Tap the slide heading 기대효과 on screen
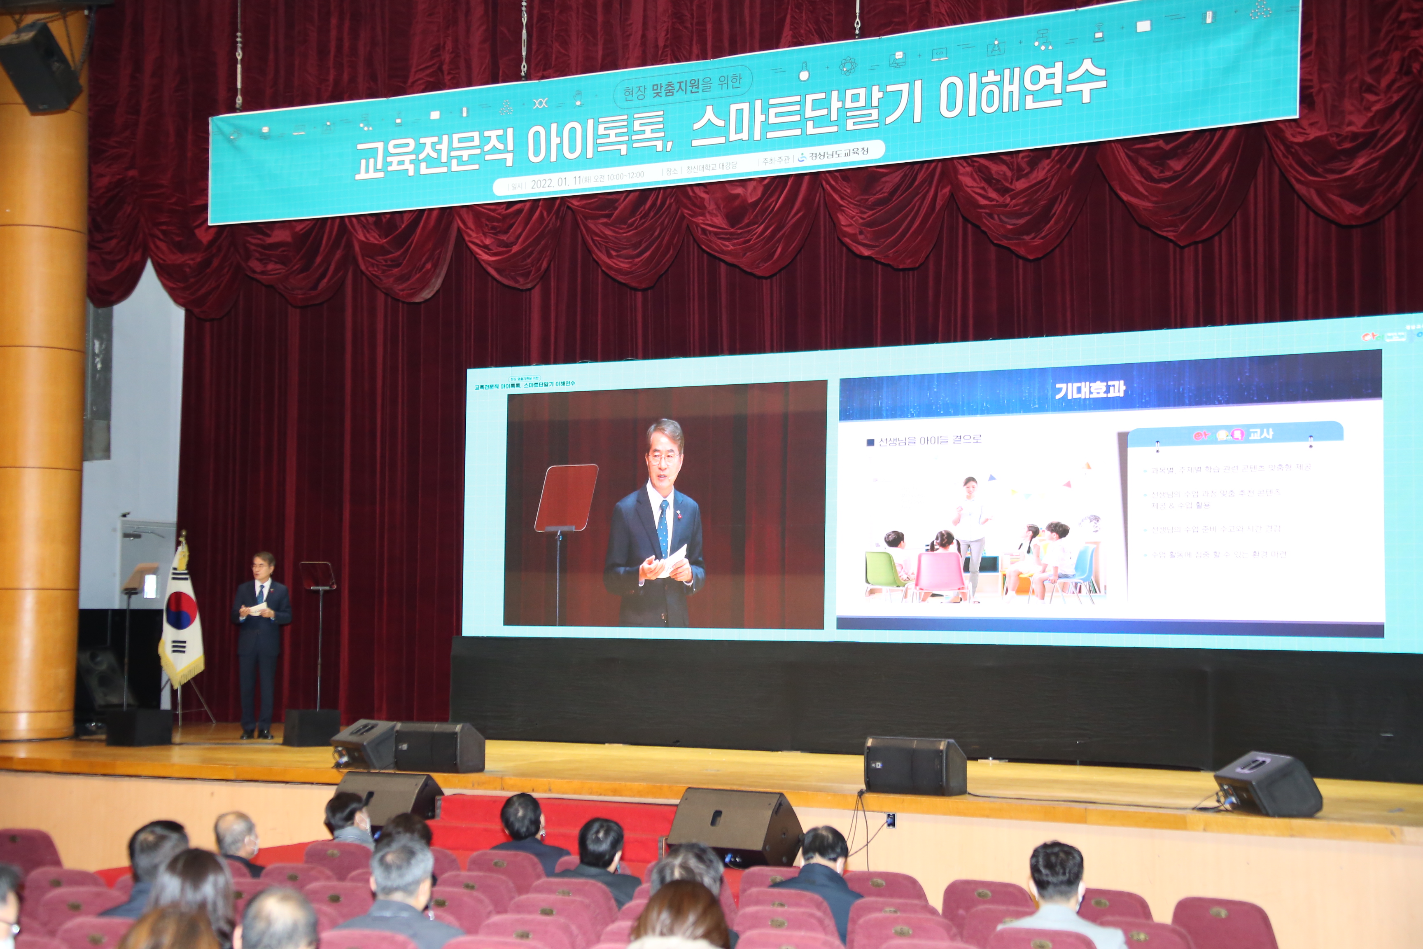[1089, 390]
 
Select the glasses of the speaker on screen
[663, 458]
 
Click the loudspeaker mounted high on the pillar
[40, 67]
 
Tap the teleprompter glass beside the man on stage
[317, 575]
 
